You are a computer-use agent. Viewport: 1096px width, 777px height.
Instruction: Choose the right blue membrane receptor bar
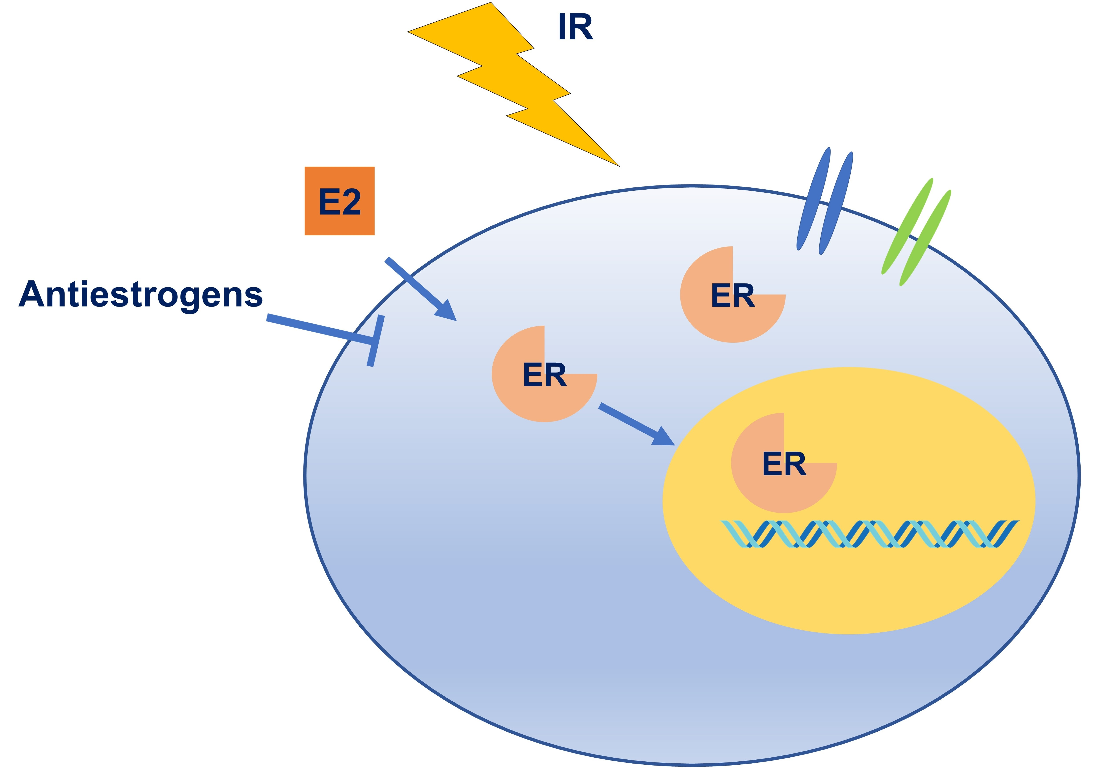pyautogui.click(x=836, y=203)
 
